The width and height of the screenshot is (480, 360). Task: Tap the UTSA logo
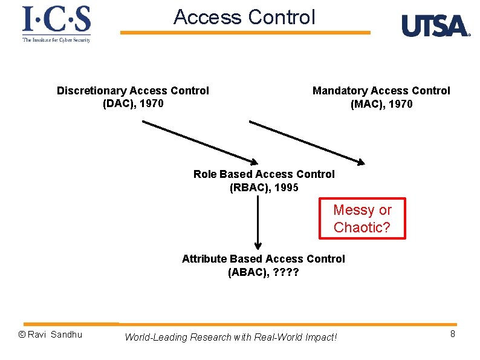435,26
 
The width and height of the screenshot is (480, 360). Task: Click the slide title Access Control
244,18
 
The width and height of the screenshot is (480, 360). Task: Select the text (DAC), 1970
133,103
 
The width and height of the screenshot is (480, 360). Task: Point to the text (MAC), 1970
381,104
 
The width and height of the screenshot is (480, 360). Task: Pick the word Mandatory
340,91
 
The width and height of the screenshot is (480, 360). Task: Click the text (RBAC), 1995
264,188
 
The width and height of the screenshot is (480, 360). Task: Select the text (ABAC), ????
263,272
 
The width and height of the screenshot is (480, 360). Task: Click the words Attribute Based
222,259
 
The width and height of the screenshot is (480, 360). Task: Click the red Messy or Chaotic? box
362,218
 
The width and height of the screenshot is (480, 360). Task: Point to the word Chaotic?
362,227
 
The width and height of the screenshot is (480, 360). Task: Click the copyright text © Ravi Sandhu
50,335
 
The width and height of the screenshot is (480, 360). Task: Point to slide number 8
452,333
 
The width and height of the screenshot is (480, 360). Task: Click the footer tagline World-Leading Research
230,337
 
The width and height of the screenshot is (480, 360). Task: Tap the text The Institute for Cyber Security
56,40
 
